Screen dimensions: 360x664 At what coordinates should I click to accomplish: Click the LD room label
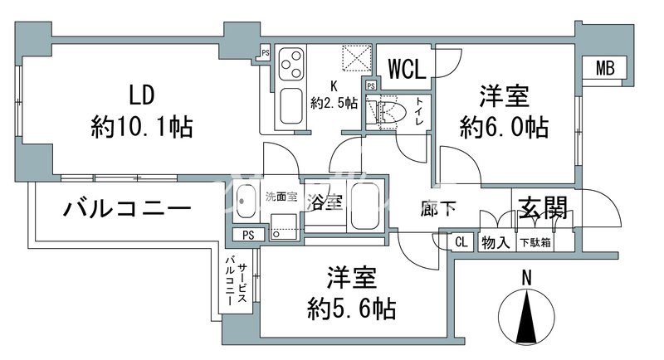141,92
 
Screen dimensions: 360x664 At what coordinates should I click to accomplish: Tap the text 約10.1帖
142,127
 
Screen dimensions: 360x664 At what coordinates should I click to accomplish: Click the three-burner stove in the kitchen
291,61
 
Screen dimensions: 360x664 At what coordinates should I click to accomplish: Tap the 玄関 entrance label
544,207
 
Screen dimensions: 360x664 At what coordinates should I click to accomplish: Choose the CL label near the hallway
461,243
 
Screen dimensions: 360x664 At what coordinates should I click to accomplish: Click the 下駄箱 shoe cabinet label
534,243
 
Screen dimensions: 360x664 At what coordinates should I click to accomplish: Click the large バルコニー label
128,208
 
